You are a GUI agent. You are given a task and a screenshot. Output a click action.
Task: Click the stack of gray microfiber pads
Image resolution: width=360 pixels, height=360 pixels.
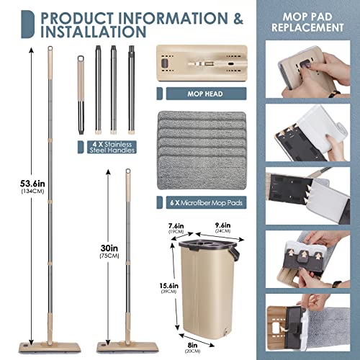199,151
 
